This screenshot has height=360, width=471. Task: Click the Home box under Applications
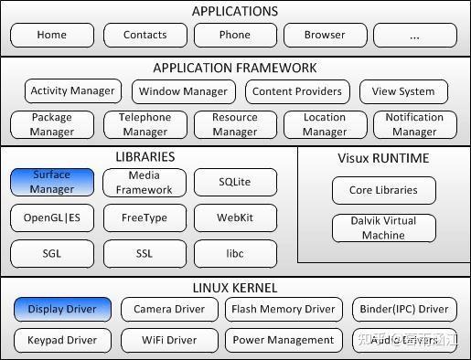click(x=52, y=36)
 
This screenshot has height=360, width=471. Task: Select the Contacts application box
click(x=145, y=36)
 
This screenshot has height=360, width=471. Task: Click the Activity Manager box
click(x=73, y=91)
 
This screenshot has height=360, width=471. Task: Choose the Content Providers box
click(x=296, y=91)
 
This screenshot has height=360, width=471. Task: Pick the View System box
click(x=403, y=91)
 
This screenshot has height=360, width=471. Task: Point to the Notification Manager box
click(x=413, y=124)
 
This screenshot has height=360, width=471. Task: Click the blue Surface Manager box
click(x=52, y=182)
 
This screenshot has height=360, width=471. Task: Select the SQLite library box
click(x=234, y=182)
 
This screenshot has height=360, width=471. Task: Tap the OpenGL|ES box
click(x=52, y=217)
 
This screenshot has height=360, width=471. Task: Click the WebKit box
click(x=234, y=217)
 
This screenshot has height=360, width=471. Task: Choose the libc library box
click(x=234, y=253)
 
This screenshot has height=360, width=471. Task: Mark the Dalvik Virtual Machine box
click(x=383, y=228)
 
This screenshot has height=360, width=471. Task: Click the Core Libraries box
click(x=383, y=190)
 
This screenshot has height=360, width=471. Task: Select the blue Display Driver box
click(x=62, y=310)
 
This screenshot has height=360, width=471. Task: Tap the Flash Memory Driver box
click(x=283, y=310)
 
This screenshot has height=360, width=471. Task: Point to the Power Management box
click(x=283, y=341)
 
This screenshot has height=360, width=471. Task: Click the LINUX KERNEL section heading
click(x=235, y=289)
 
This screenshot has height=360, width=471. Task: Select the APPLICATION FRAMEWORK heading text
click(x=235, y=69)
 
